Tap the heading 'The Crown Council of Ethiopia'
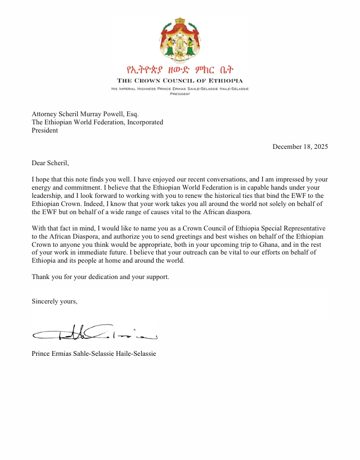click(x=180, y=80)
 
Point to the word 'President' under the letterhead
click(x=180, y=94)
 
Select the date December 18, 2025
click(x=300, y=147)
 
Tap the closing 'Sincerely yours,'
click(x=54, y=302)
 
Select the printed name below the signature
click(x=94, y=354)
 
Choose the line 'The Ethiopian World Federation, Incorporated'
click(x=97, y=122)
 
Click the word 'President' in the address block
click(x=45, y=130)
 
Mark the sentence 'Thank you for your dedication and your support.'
click(x=100, y=277)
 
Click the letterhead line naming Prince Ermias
click(x=180, y=89)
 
